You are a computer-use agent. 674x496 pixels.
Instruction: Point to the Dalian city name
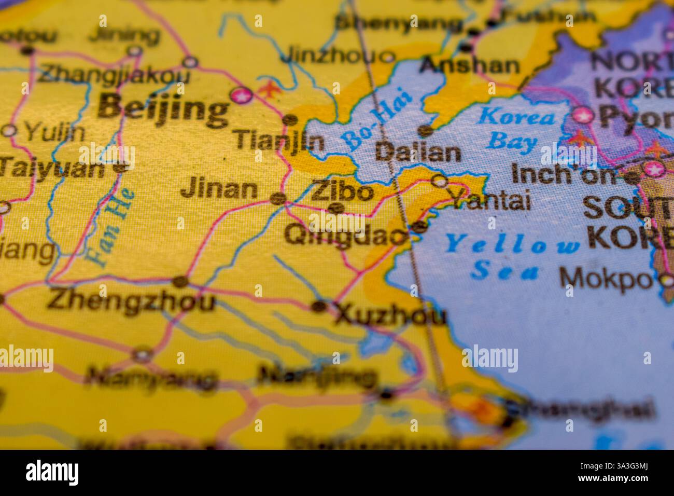click(x=418, y=153)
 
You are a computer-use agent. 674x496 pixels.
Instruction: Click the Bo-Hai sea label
click(x=377, y=119)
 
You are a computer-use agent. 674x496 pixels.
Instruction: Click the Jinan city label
click(x=219, y=189)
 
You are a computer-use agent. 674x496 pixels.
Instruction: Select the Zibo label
click(x=342, y=192)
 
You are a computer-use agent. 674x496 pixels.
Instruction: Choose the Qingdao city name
click(x=344, y=236)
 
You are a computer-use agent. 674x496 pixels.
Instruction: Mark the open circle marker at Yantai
click(x=440, y=181)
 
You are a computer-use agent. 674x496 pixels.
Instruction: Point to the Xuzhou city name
click(x=390, y=315)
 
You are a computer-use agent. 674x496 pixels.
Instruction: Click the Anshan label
click(x=469, y=65)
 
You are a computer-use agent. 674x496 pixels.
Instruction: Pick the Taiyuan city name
click(x=52, y=169)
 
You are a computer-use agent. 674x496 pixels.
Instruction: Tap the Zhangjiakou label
click(x=114, y=75)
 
